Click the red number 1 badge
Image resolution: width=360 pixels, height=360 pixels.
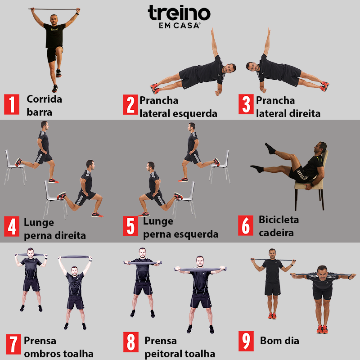coord(12,104)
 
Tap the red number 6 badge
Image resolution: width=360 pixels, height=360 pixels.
coord(245,225)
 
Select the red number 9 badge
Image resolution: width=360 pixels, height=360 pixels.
coord(246,341)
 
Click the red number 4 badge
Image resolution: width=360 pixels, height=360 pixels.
coord(12,226)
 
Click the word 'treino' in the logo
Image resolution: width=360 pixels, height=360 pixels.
coord(179,14)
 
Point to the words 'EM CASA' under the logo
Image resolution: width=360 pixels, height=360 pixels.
coord(179,26)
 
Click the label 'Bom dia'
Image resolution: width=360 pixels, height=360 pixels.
coord(279,341)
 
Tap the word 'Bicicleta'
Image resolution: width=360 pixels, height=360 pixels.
coord(279,220)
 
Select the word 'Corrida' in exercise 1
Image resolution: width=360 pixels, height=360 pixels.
coord(44,99)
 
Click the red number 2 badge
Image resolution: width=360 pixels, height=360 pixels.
coord(130,105)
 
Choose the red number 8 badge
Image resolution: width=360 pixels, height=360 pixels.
coord(130,342)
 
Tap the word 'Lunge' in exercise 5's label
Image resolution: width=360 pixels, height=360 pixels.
coord(158,221)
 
